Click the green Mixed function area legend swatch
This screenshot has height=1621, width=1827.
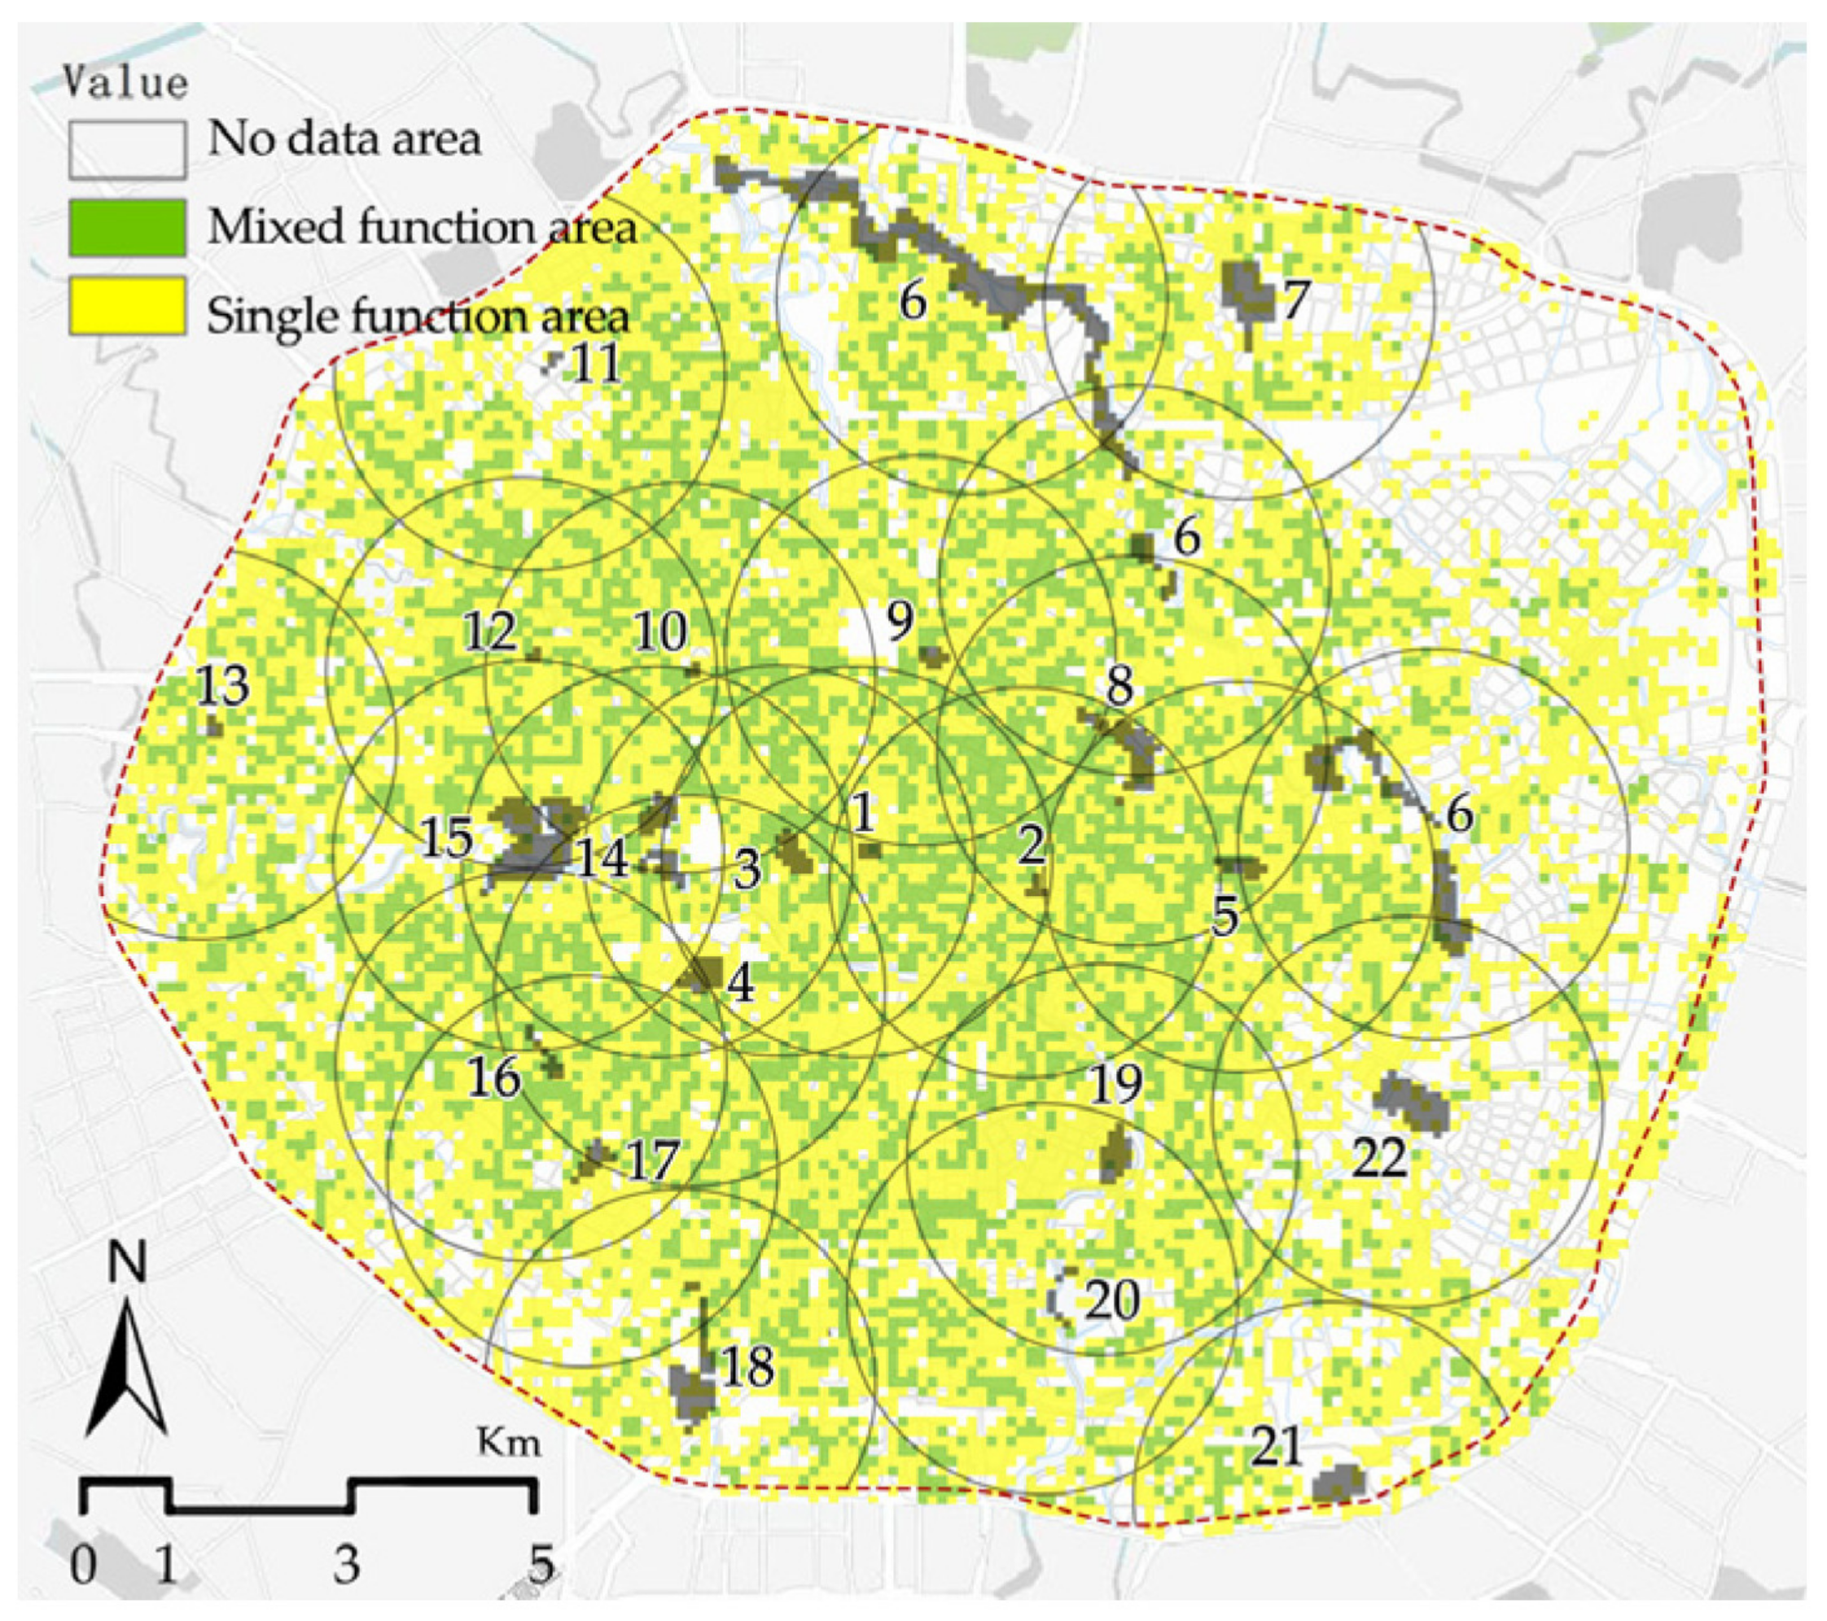pos(127,227)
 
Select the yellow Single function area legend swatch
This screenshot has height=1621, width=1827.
pos(127,306)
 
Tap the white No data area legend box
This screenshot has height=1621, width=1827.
pos(127,149)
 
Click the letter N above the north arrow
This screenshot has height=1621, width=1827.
pos(127,1263)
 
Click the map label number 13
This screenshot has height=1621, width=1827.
pos(222,686)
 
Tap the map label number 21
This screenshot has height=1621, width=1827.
pos(1276,1446)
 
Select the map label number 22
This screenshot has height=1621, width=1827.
pos(1380,1159)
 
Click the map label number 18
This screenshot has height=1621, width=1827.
pos(747,1366)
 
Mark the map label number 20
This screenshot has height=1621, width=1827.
pos(1112,1300)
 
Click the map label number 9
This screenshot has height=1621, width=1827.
pos(900,619)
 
